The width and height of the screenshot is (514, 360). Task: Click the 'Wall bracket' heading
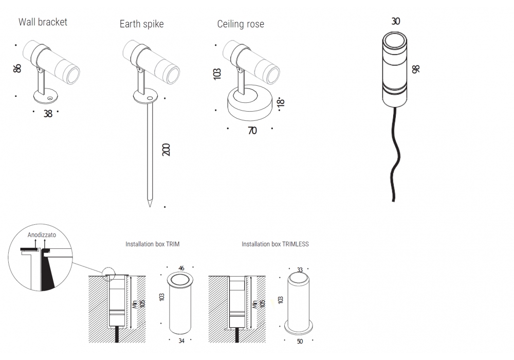[43, 22]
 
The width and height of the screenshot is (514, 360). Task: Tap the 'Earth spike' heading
[141, 24]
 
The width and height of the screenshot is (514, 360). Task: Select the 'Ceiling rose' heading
[241, 24]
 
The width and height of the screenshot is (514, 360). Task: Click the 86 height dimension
[17, 68]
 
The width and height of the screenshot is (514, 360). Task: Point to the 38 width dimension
[48, 114]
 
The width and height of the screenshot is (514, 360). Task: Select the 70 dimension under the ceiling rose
[252, 131]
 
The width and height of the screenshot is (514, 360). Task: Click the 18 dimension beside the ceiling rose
[281, 102]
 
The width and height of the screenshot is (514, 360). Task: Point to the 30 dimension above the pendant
[395, 21]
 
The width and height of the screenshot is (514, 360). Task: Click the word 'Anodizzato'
[42, 234]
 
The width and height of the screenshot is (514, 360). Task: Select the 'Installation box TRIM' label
[152, 244]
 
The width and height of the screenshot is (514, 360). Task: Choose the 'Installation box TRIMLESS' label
[275, 244]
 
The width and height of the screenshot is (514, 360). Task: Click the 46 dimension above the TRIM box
[181, 268]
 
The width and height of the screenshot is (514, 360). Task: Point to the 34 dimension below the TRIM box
[181, 340]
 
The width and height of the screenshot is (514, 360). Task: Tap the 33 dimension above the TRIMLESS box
[299, 269]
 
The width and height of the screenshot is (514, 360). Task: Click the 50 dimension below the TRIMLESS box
[299, 340]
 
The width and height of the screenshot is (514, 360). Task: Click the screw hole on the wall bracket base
[50, 97]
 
